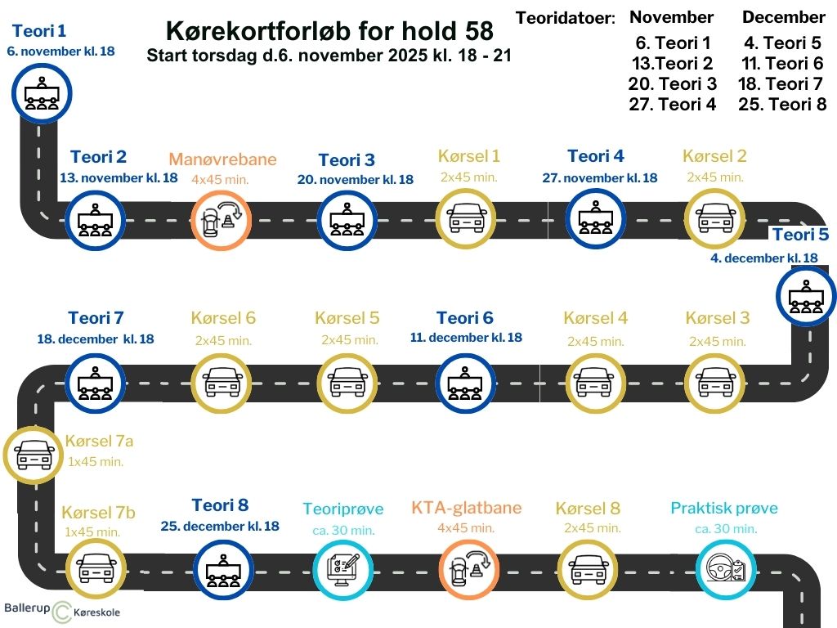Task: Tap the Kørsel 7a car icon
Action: coord(35,454)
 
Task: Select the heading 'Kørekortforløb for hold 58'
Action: coord(329,31)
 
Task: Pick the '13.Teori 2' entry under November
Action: coord(672,64)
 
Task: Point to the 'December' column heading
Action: coord(783,17)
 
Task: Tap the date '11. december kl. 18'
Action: coord(466,338)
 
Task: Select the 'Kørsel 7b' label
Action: coord(98,514)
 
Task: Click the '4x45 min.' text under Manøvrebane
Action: coord(220,179)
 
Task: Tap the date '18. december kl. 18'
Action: coord(96,339)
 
